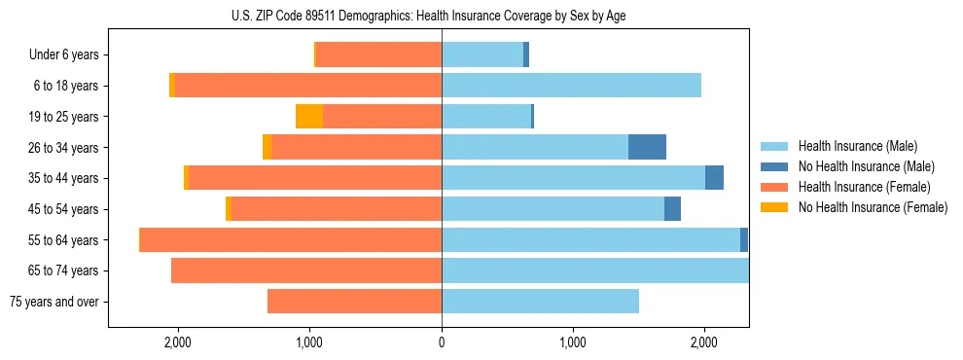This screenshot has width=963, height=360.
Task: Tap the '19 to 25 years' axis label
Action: click(65, 117)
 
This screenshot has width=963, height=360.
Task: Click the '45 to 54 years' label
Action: click(65, 209)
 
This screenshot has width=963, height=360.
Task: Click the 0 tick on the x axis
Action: click(442, 342)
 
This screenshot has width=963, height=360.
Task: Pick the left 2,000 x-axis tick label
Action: click(178, 342)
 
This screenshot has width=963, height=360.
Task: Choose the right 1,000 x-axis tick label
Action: click(573, 342)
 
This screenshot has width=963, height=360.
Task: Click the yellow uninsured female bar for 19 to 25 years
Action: click(309, 117)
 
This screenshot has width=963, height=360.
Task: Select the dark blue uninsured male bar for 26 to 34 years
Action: click(647, 147)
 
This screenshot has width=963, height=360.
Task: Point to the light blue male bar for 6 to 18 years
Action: click(571, 86)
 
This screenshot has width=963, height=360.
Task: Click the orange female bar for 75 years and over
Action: click(354, 302)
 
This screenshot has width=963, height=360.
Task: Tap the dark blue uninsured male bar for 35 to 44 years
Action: click(714, 178)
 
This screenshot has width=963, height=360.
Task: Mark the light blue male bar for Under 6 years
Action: click(482, 55)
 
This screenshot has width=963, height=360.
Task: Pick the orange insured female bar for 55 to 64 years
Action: click(291, 239)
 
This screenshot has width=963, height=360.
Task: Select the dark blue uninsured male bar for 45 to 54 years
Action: click(672, 209)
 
